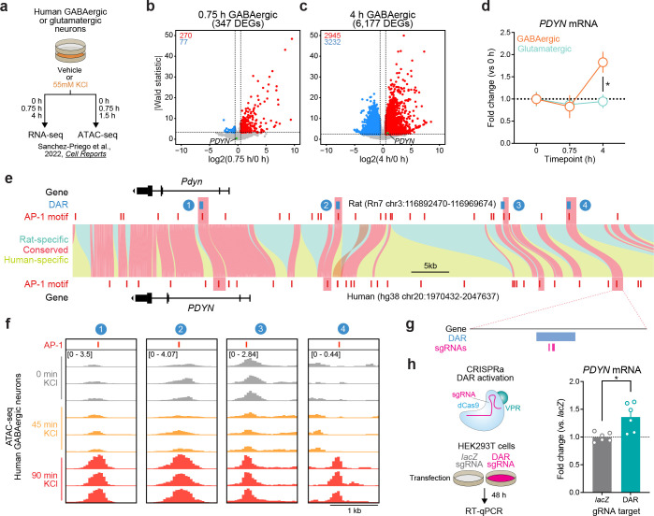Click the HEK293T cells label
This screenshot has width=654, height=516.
click(x=431, y=439)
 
